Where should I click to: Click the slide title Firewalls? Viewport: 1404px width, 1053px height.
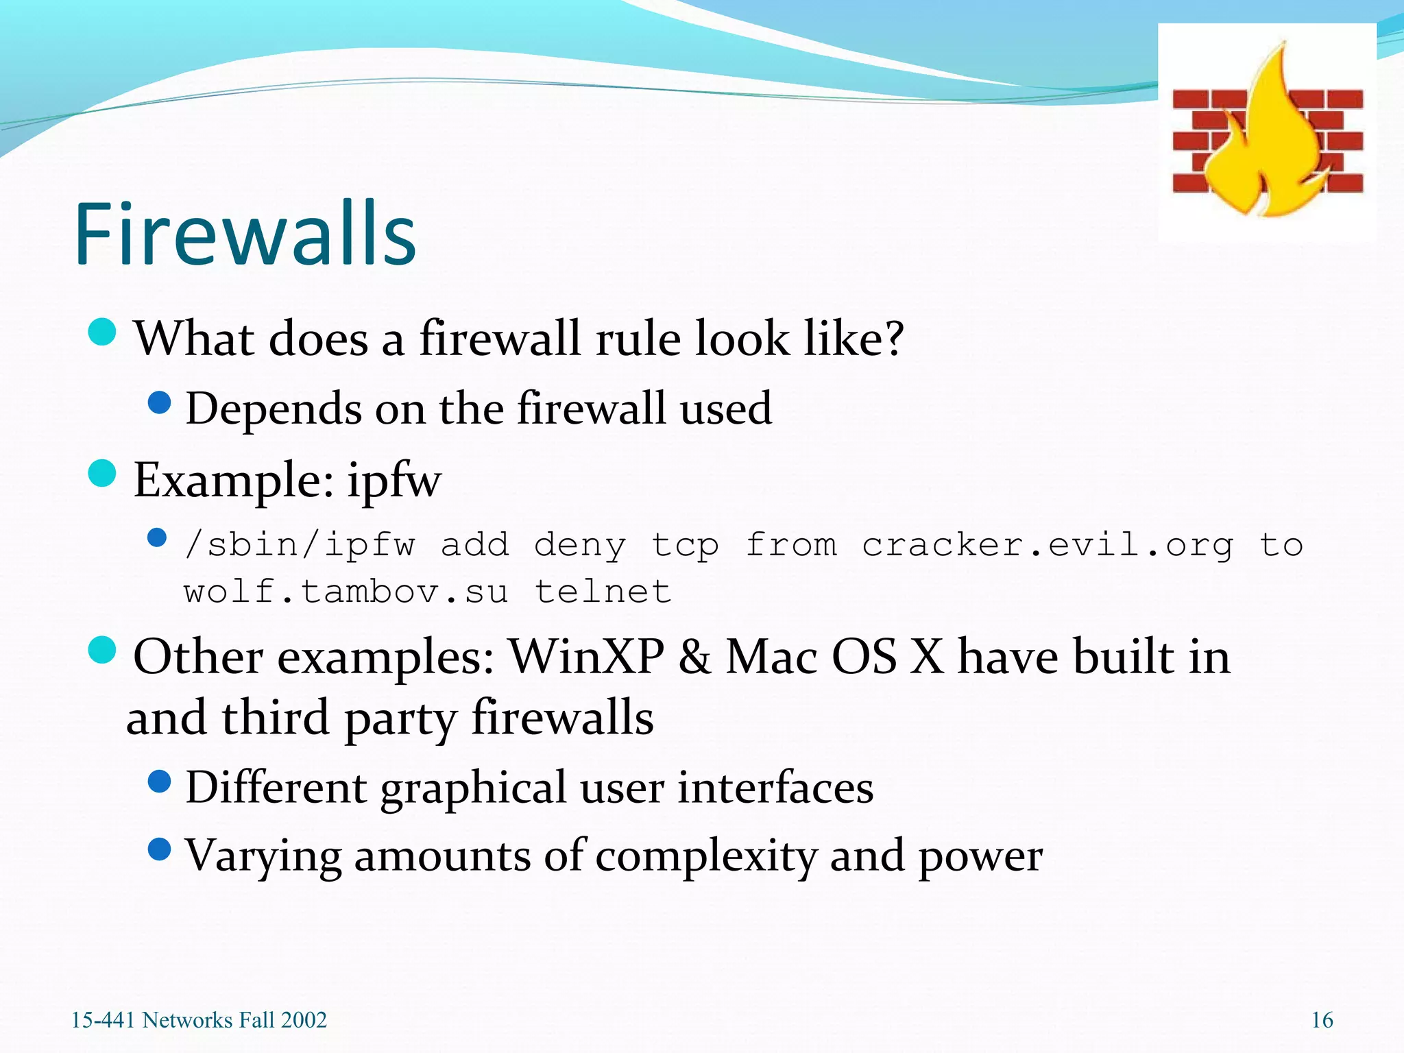245,234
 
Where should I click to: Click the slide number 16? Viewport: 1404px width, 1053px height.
1322,1020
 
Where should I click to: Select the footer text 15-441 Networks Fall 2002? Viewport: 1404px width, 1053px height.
199,1020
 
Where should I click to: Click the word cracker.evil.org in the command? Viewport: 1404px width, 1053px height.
1048,546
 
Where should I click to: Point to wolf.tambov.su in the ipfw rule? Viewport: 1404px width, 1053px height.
346,592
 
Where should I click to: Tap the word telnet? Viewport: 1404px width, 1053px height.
603,592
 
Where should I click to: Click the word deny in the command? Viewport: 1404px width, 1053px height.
580,546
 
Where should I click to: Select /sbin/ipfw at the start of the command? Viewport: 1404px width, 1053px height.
300,546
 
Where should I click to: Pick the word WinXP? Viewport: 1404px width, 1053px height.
587,657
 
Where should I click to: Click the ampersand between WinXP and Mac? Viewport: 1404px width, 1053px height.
694,657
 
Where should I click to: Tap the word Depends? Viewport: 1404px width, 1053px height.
274,409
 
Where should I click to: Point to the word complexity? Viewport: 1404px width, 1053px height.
706,856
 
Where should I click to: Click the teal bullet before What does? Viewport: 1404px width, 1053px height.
102,333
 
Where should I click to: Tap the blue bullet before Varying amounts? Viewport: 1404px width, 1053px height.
159,850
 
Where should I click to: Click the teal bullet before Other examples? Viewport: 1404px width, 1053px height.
102,650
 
